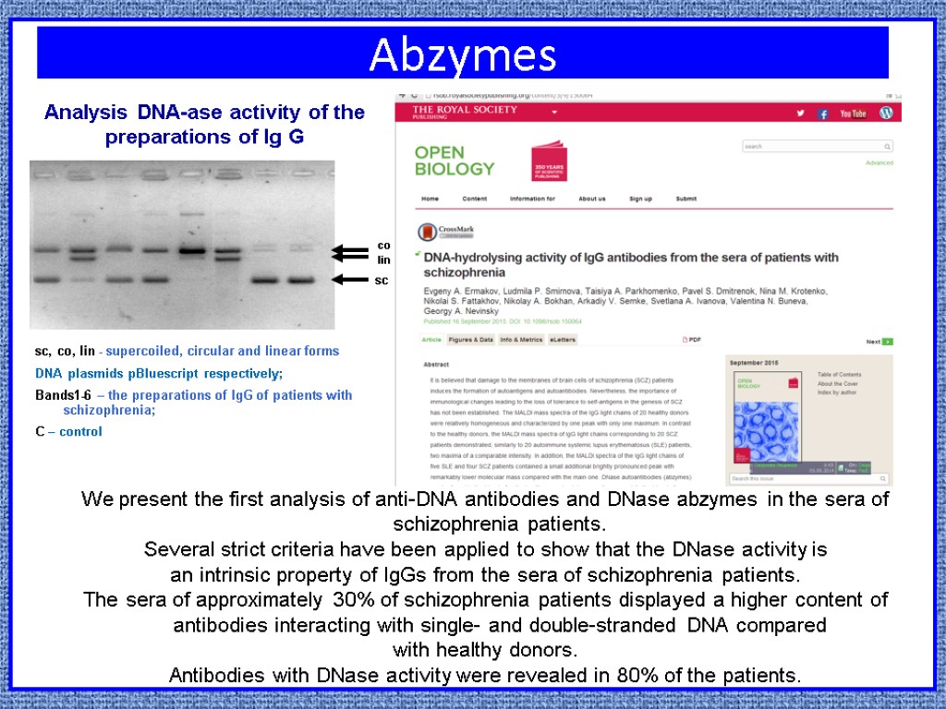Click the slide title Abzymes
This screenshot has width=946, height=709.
[x=462, y=55]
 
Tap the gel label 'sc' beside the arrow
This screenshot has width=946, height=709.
[x=381, y=279]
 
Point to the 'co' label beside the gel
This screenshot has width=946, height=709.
[x=383, y=246]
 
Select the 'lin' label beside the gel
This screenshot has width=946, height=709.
[x=383, y=259]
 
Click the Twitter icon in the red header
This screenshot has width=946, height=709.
[x=800, y=114]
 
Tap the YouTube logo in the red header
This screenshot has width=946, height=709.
[x=853, y=114]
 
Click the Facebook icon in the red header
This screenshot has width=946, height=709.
[x=822, y=114]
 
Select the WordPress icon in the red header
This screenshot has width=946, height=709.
[x=886, y=113]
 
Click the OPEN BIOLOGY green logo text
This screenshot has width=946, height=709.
[x=454, y=161]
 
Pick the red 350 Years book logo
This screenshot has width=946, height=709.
[x=549, y=161]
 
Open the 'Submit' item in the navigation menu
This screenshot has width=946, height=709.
[x=685, y=198]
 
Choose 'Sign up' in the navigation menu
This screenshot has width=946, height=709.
[x=640, y=198]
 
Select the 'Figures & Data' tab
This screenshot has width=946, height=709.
[x=470, y=340]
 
